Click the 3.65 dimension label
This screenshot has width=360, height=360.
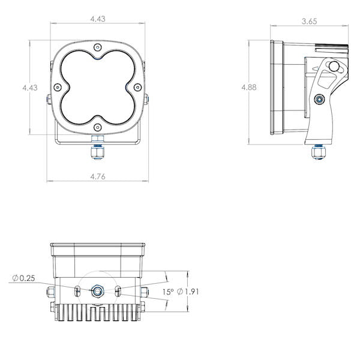coord(309,22)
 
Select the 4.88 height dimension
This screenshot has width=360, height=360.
coord(249,87)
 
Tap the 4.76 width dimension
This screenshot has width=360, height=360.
coord(98,176)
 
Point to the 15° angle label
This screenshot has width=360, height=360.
coord(168,292)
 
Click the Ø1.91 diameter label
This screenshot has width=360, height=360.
coord(188,292)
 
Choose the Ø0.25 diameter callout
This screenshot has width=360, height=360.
coord(23,278)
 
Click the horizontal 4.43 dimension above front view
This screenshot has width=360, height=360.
coord(98,19)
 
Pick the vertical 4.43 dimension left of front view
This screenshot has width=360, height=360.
coord(30,88)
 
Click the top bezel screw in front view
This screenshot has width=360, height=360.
coord(98,47)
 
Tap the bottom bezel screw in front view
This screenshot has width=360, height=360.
coord(98,127)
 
